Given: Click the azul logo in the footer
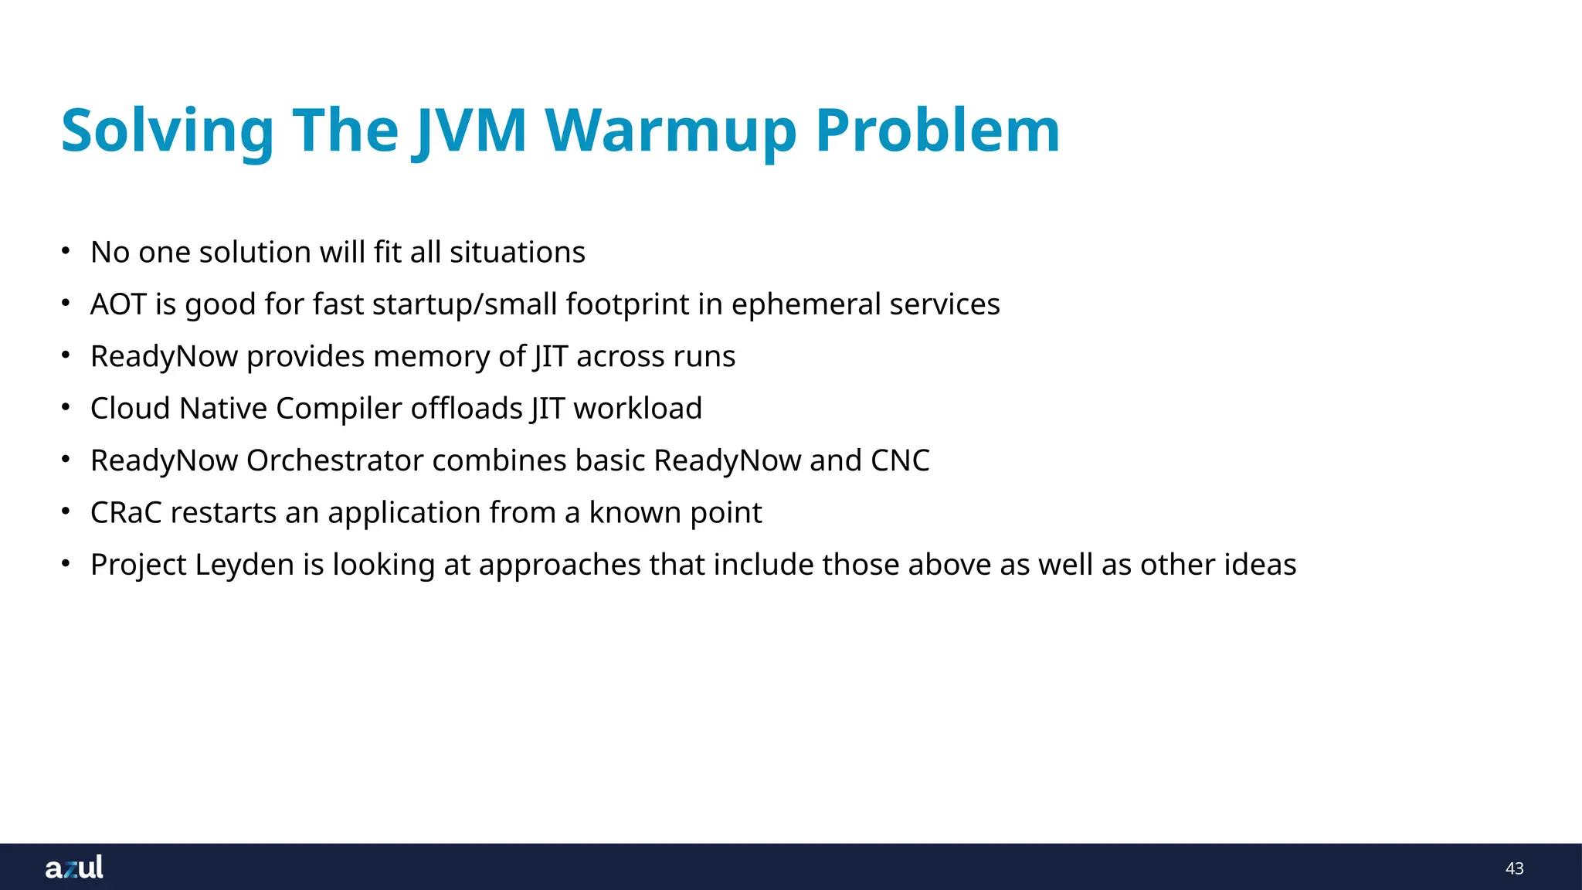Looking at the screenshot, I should (74, 867).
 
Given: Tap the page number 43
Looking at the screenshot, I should (1514, 868).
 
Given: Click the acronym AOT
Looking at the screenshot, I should (118, 304).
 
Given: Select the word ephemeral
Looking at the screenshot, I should (806, 304).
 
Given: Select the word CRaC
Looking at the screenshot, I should (126, 513).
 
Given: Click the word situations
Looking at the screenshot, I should (518, 253).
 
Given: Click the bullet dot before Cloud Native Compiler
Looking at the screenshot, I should (66, 406).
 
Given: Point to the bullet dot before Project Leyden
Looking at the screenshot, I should (66, 563).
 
